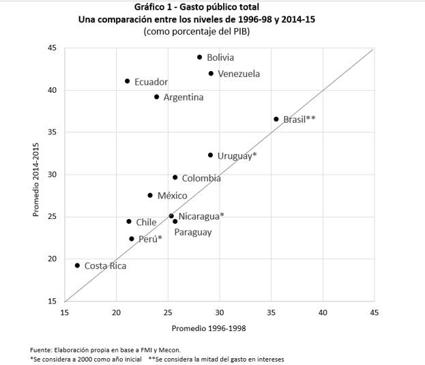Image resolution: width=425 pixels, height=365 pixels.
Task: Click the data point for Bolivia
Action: coord(199,57)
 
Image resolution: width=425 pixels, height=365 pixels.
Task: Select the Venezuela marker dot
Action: coord(211,73)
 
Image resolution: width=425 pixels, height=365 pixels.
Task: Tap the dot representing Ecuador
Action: coord(128,81)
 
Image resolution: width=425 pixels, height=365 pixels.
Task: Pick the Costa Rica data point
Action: coord(77,265)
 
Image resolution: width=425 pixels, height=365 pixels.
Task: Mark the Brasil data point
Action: coord(276,119)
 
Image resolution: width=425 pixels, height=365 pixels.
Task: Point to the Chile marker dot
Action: coord(129,221)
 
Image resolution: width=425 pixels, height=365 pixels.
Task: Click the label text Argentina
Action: coord(183,98)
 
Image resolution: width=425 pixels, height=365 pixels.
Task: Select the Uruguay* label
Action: coord(237,156)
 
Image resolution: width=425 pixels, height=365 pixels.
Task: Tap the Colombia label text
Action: coord(201,179)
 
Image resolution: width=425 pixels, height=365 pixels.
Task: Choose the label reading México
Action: coord(172,196)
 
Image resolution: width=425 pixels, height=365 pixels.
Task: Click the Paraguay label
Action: coord(193,232)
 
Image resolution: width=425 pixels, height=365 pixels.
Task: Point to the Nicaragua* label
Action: coord(201,216)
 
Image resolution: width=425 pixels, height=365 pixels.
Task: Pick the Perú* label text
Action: coord(150,239)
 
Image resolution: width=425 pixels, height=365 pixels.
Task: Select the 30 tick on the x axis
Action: coord(220,312)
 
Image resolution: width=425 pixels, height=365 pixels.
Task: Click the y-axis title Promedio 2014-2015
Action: coord(36,175)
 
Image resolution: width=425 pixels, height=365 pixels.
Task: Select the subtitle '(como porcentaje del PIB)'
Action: coord(196,31)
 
